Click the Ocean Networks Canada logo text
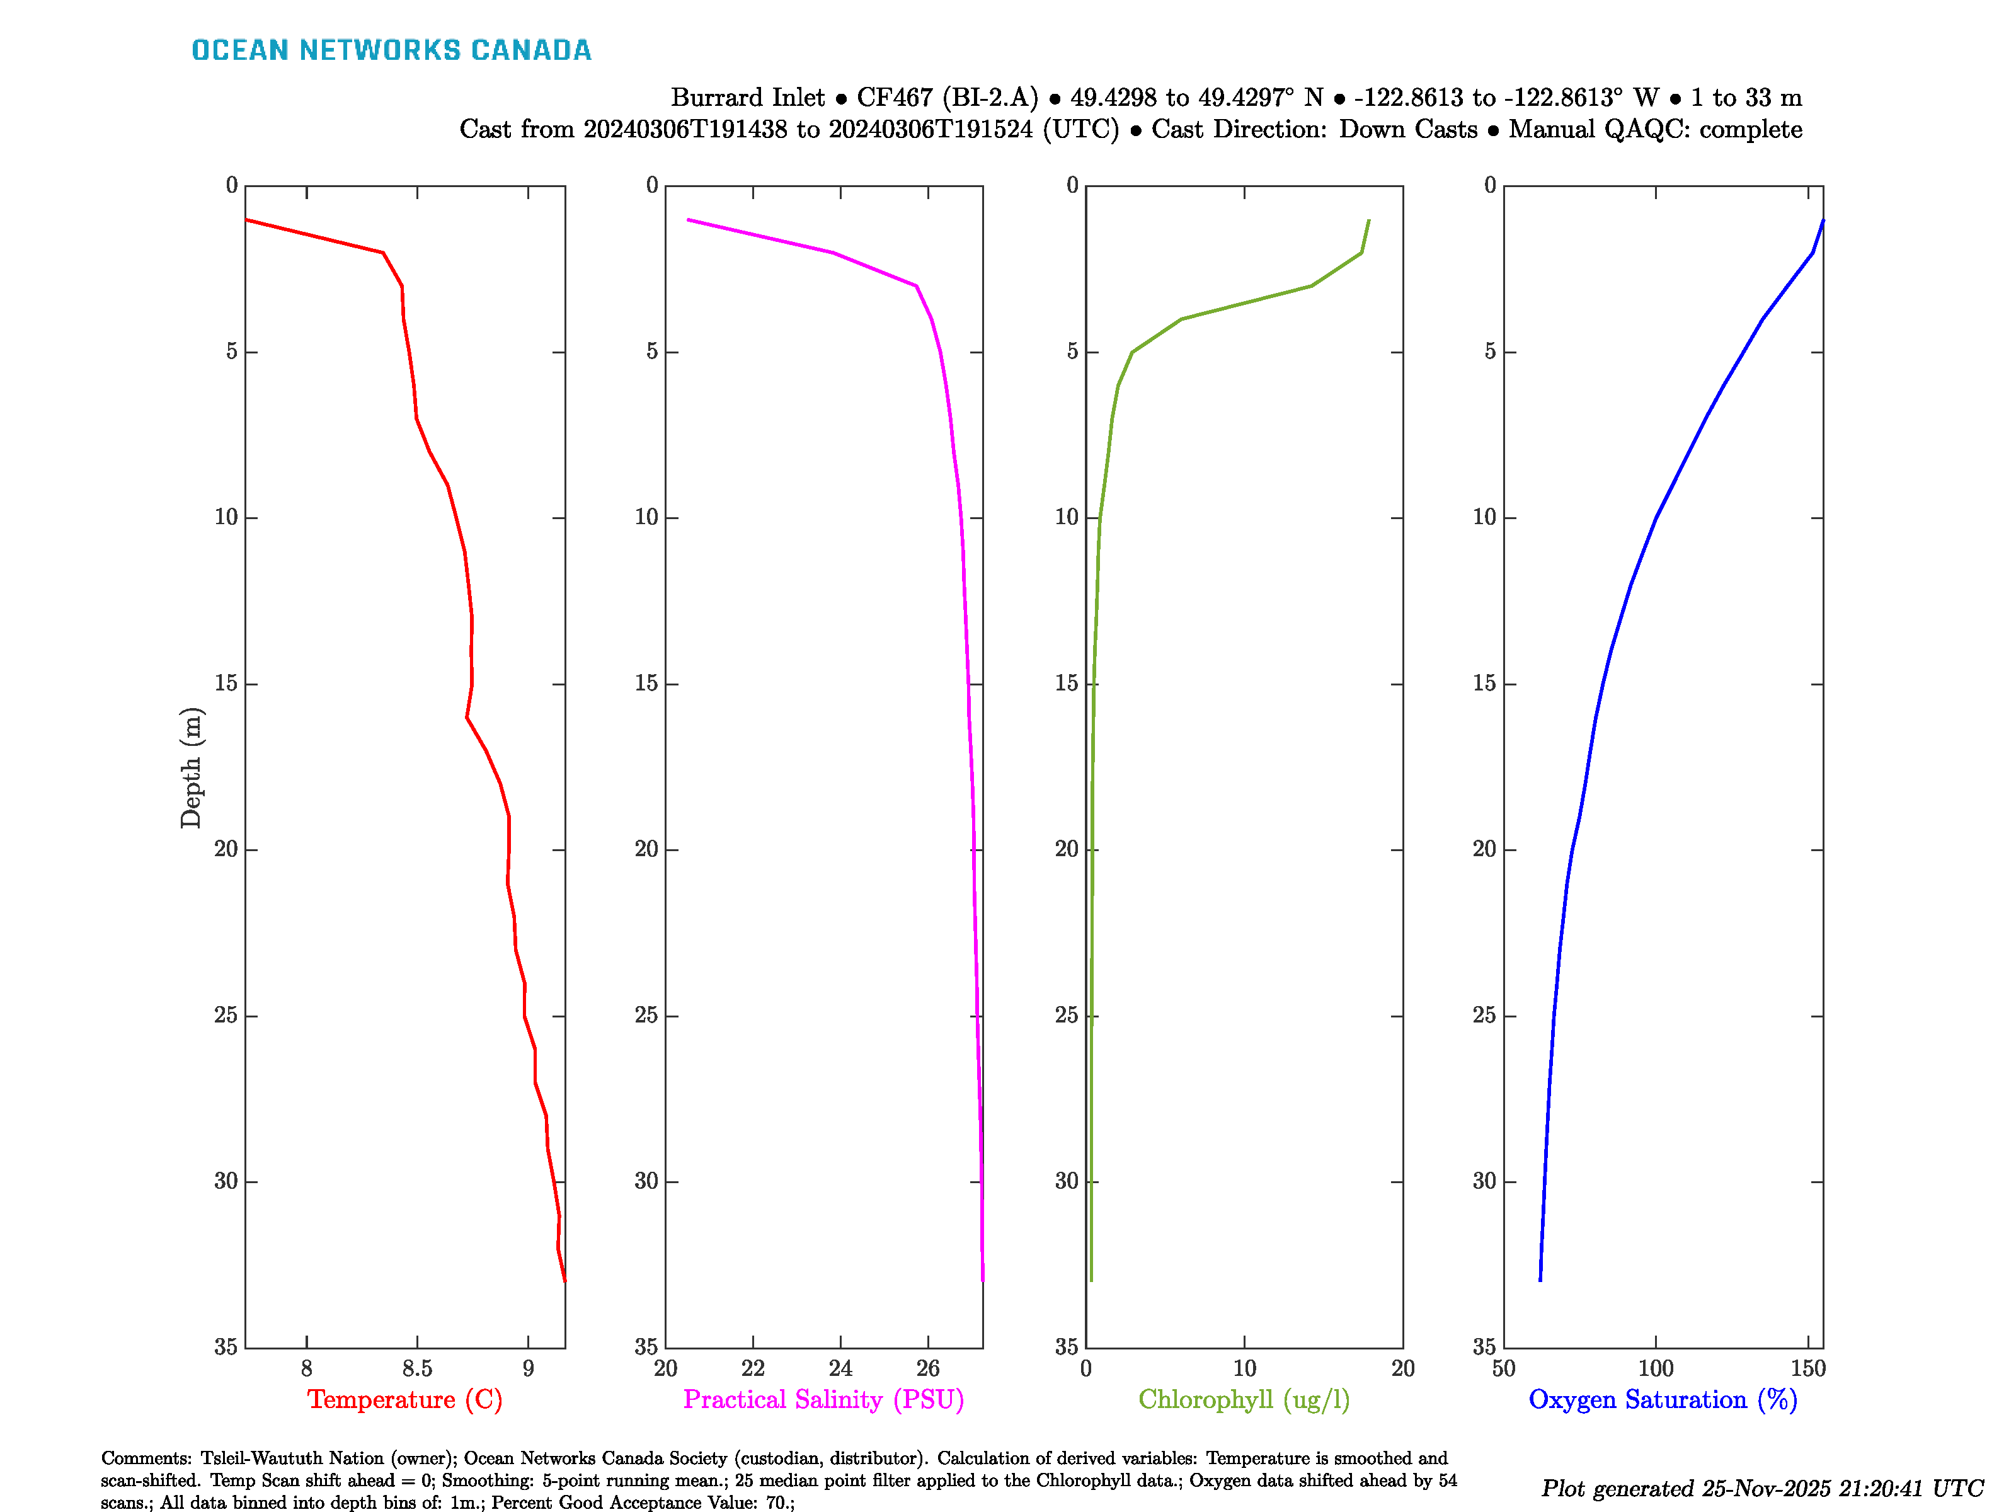click(391, 50)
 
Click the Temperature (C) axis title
click(404, 1400)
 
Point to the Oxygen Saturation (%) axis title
click(1663, 1400)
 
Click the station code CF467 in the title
click(895, 98)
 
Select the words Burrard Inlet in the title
click(747, 98)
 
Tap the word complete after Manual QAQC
click(1750, 129)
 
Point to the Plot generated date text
click(1761, 1488)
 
